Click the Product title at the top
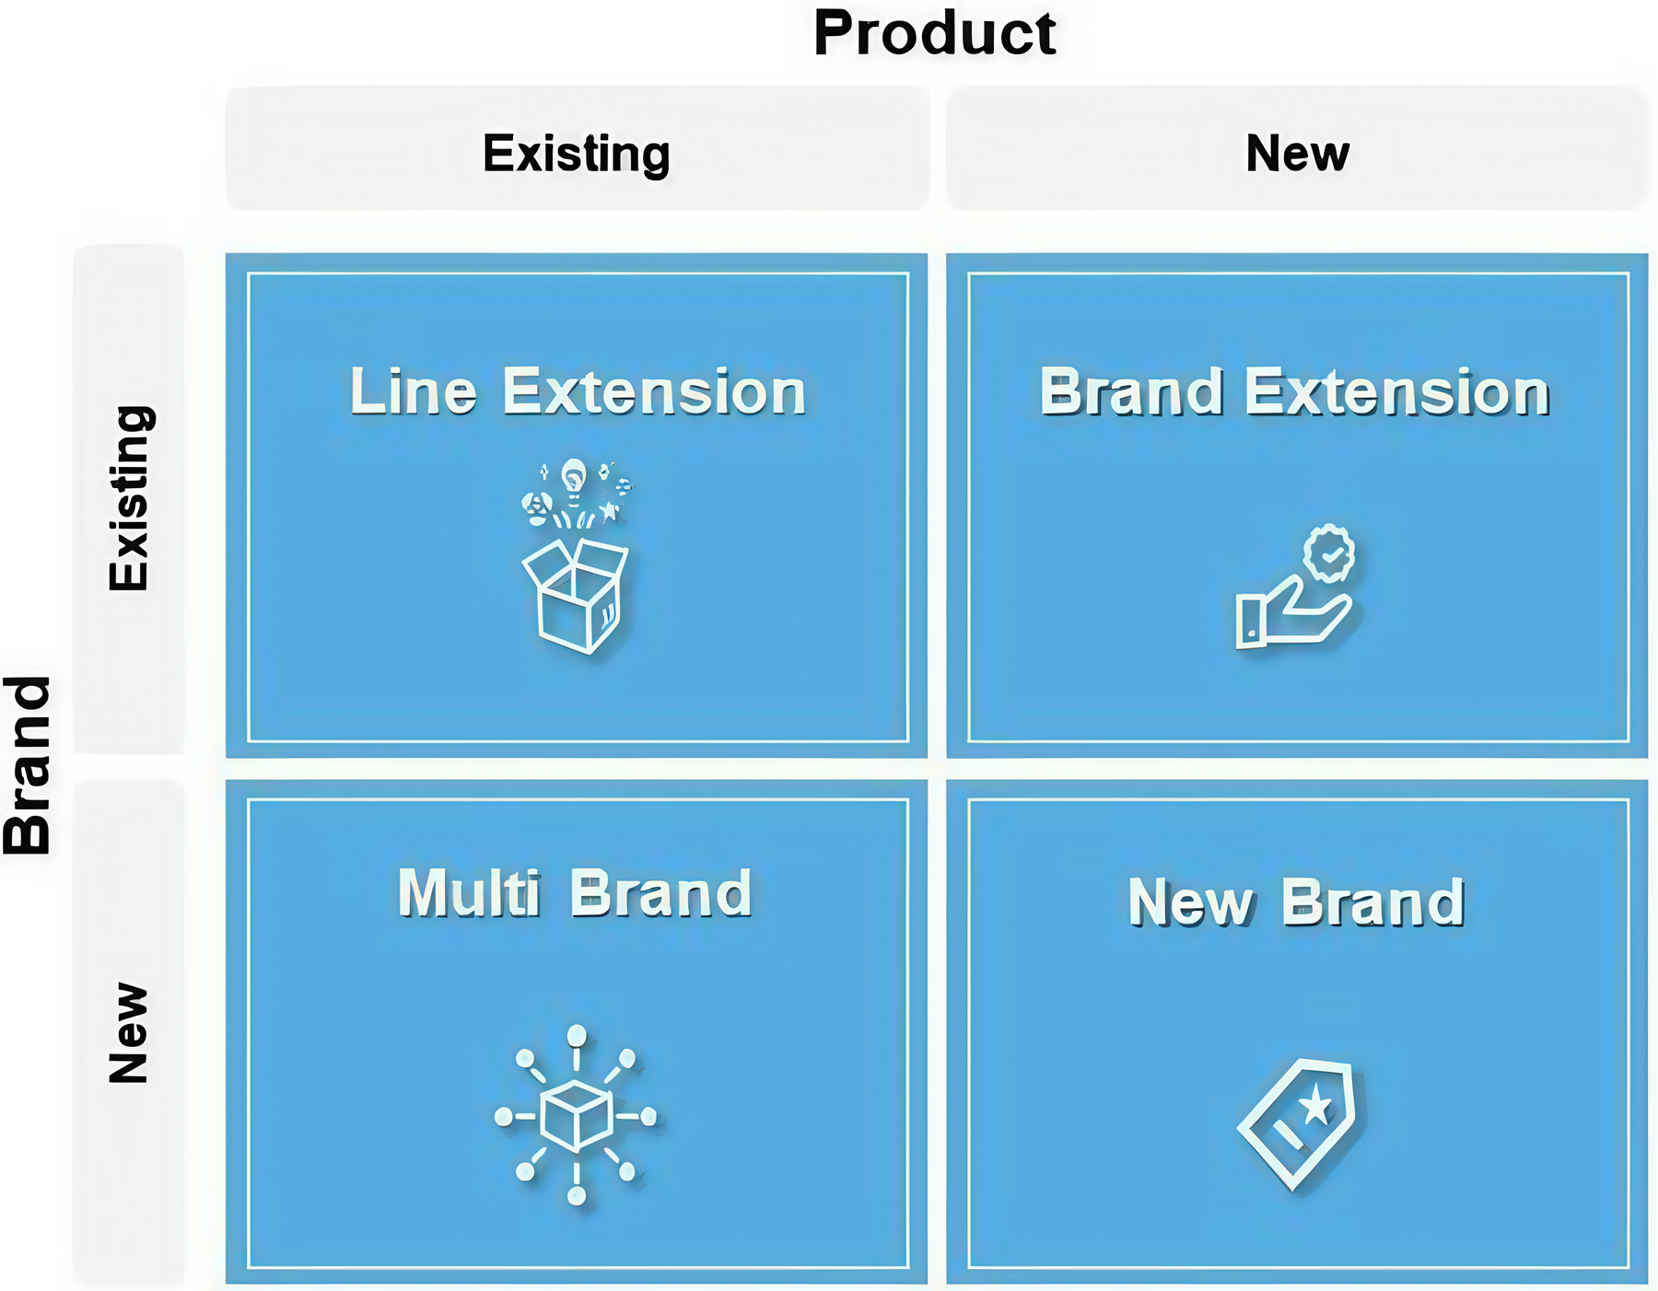click(x=935, y=34)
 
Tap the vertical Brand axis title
click(x=28, y=765)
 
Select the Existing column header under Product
click(x=577, y=153)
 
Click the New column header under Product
click(x=1298, y=153)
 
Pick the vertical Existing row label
click(x=129, y=498)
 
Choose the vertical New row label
click(x=128, y=1033)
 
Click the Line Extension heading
click(x=578, y=392)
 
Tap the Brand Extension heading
click(x=1295, y=392)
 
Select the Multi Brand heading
click(x=575, y=893)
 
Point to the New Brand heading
click(x=1296, y=901)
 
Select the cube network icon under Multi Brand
click(x=577, y=1115)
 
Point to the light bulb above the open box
click(x=574, y=480)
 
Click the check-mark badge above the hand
click(x=1329, y=553)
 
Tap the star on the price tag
click(x=1315, y=1102)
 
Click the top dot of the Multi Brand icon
click(x=577, y=1036)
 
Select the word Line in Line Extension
click(x=414, y=392)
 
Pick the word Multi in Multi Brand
click(x=469, y=893)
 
